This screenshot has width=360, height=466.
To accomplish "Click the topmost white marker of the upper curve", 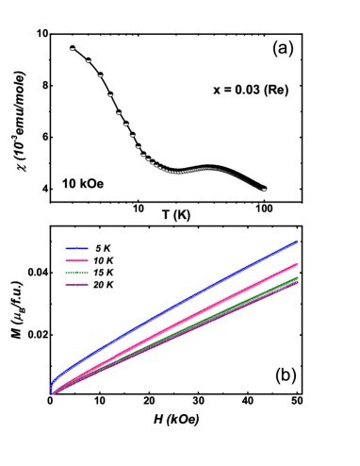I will point(72,49).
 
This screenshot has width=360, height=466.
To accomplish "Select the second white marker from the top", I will point(89,61).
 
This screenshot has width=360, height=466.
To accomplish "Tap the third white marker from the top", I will point(100,75).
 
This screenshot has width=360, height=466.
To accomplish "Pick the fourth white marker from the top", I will point(110,95).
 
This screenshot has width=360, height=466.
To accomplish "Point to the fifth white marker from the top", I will point(119,113).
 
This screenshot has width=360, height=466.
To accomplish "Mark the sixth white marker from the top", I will point(125,125).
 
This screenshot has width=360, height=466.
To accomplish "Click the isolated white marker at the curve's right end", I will point(264,190).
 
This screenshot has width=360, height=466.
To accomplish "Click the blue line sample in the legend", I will point(77,249).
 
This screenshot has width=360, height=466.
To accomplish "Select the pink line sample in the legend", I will point(77,260).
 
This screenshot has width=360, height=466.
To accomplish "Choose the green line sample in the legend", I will point(77,273).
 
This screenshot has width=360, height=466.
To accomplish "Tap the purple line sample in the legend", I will point(77,284).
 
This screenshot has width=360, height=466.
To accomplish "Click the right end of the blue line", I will point(298,242).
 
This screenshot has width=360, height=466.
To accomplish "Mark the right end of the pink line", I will point(298,265).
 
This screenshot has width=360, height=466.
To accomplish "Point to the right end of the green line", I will point(298,278).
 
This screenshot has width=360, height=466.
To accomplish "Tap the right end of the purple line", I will point(298,282).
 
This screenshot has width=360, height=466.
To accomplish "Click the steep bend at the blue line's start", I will point(54,379).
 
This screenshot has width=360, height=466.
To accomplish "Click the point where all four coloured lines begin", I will point(52,391).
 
